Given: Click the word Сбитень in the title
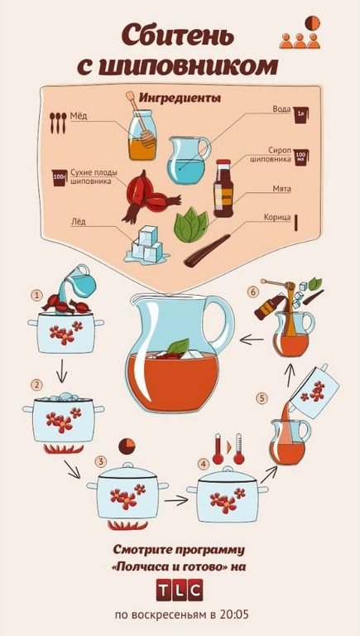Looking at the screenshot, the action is tap(179, 35).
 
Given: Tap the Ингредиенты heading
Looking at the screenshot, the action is tap(180, 98).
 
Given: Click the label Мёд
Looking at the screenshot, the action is tap(79, 117).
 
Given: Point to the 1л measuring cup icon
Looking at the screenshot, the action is tap(300, 115).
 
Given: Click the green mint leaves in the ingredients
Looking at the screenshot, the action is tap(191, 225).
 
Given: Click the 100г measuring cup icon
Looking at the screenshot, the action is tap(60, 178).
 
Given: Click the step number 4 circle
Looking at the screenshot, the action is tap(204, 464).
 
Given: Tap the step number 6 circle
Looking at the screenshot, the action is tap(253, 292).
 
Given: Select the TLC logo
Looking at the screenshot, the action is tap(180, 590).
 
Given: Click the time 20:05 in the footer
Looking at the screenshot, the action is tap(234, 614).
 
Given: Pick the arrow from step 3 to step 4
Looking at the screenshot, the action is tap(176, 500).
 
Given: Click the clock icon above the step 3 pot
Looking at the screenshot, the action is tap(127, 446).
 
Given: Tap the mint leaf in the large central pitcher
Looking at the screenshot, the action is tap(178, 346).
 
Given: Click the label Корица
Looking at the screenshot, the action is tap(277, 218).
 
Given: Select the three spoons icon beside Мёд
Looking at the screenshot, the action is tap(58, 123).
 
